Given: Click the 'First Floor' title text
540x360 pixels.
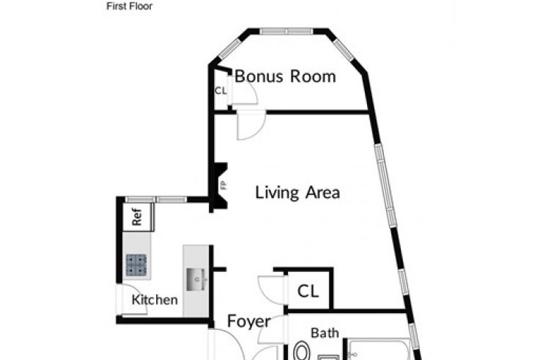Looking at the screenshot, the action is click(x=130, y=6).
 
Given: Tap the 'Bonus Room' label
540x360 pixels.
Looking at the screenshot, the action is click(x=285, y=76).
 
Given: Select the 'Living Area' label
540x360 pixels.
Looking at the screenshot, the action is click(x=297, y=192).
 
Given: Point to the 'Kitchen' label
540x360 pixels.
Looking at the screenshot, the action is click(x=155, y=300).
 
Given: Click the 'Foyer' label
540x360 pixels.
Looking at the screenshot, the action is click(x=249, y=321).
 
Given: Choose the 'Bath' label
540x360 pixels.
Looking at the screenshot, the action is click(x=325, y=333).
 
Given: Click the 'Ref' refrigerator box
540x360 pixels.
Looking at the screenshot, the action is click(x=138, y=217).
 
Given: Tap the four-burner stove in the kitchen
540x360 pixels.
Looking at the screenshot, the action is click(x=136, y=265).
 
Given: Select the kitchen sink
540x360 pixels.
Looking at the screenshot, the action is click(x=196, y=279).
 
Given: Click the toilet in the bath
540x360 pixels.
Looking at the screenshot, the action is click(x=302, y=351).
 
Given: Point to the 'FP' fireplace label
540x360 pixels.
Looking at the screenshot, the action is click(x=224, y=185).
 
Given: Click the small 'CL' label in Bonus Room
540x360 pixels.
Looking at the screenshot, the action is click(x=221, y=91).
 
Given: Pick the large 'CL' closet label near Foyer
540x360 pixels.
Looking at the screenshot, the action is click(x=308, y=291).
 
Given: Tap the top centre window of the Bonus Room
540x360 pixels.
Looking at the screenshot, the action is click(x=286, y=32).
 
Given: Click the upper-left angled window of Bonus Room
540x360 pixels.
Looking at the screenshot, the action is click(x=230, y=48).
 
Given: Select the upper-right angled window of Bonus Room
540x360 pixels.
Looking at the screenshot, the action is click(x=344, y=50).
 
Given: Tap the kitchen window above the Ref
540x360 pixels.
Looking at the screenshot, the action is click(x=155, y=199).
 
